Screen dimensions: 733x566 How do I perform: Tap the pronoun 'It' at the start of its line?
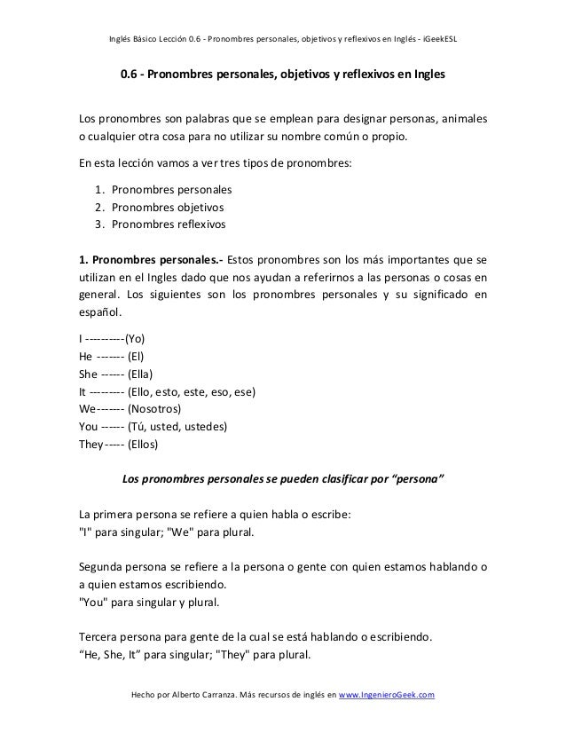click(83, 392)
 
